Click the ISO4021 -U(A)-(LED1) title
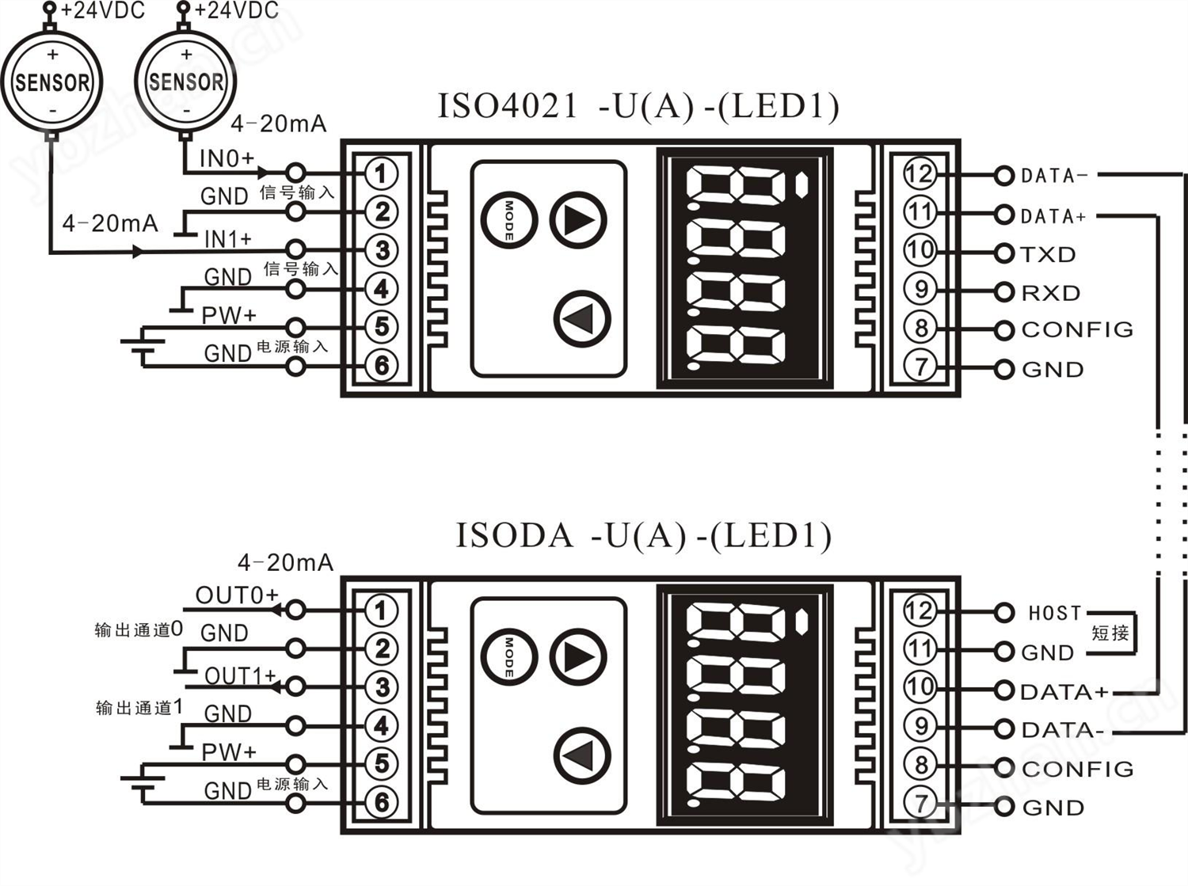[638, 107]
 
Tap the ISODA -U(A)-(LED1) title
[643, 536]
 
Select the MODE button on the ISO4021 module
[508, 220]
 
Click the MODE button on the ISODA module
[508, 657]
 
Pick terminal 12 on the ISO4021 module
[920, 173]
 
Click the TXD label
[1048, 254]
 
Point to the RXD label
[1050, 293]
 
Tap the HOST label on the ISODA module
[1054, 613]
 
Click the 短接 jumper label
[1110, 633]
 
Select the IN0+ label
[227, 159]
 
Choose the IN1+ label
[228, 239]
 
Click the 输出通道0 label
[139, 630]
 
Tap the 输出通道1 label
[139, 708]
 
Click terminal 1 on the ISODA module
[381, 610]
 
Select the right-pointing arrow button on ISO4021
[578, 221]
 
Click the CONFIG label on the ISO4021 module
[1077, 329]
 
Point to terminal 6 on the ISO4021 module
[381, 365]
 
